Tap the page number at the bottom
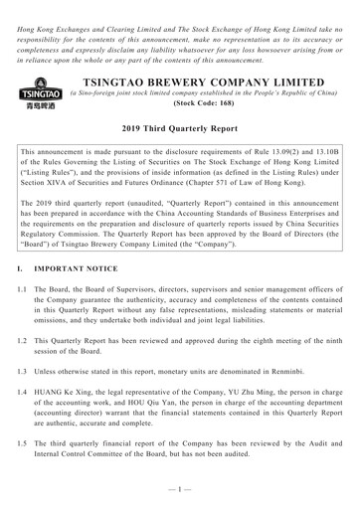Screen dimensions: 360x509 click(x=179, y=496)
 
